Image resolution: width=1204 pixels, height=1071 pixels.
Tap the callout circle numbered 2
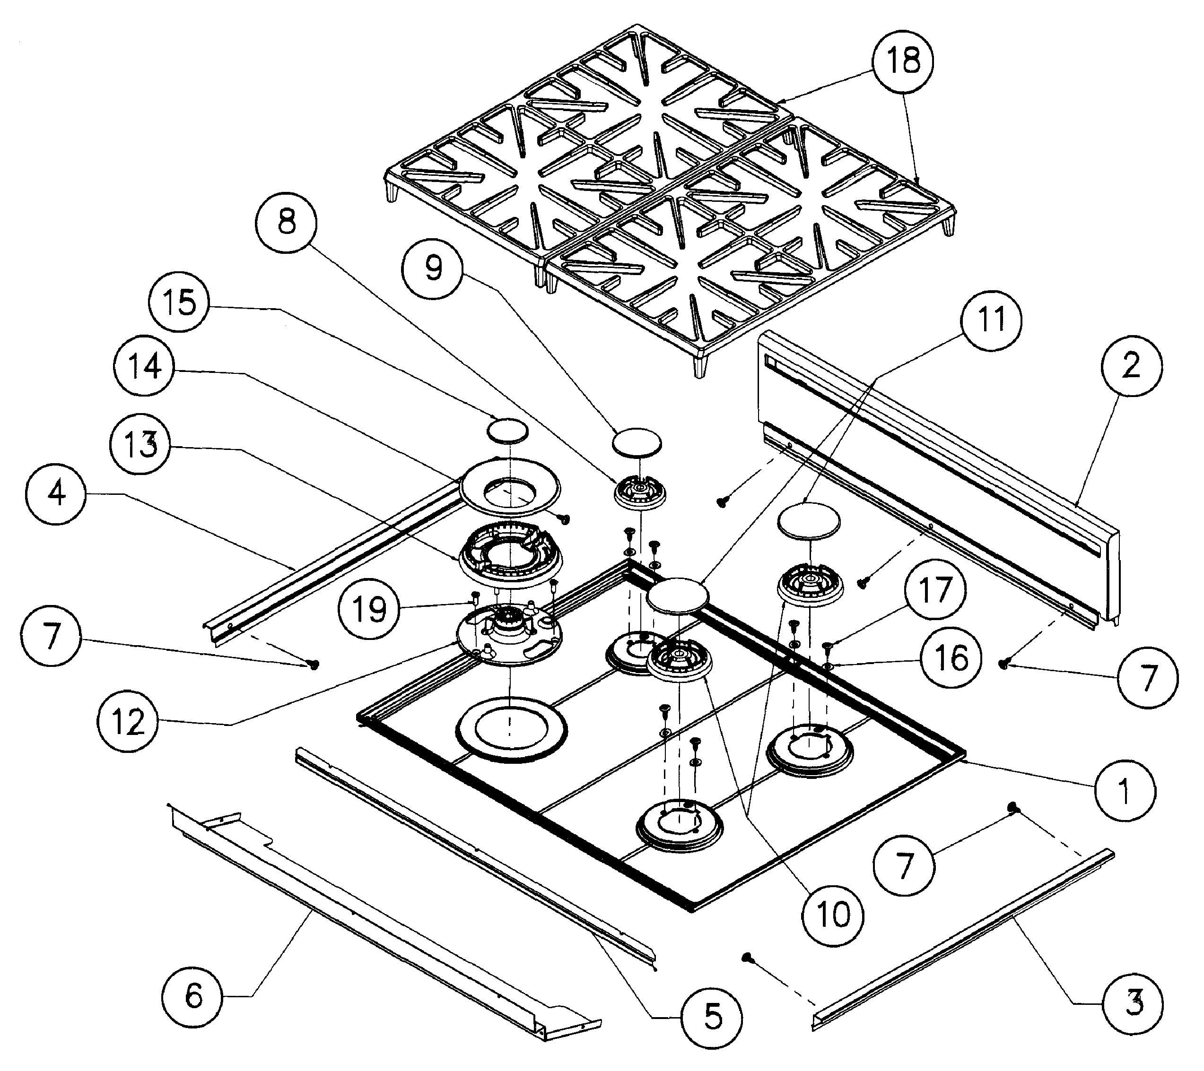[1130, 367]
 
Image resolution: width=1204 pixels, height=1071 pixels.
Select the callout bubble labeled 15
[180, 304]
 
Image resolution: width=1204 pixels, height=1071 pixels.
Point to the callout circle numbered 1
[1125, 791]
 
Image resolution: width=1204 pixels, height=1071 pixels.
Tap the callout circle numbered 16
[951, 657]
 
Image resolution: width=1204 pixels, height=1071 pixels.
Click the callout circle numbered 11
[991, 320]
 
